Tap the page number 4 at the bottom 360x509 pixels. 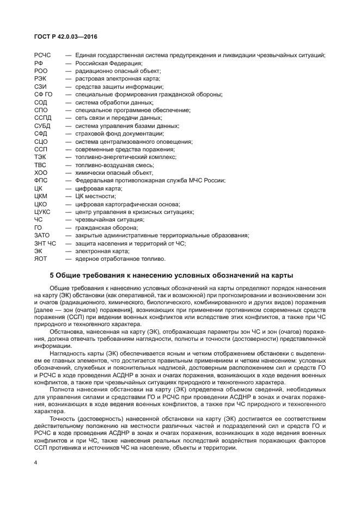(x=35, y=462)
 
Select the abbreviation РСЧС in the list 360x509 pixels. (x=43, y=55)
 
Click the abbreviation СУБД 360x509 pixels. (x=42, y=126)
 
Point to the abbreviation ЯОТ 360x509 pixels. (x=41, y=259)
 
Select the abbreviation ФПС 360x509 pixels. (x=41, y=180)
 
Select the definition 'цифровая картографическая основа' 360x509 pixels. (x=124, y=204)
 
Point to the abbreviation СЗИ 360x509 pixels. (x=40, y=87)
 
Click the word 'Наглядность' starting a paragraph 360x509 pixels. (x=67, y=353)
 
